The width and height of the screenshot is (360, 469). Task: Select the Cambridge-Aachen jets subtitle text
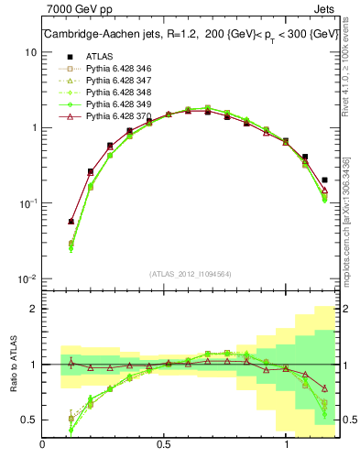click(x=188, y=36)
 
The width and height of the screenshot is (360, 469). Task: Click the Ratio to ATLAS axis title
click(x=12, y=364)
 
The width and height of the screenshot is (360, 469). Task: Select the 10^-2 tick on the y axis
click(x=27, y=278)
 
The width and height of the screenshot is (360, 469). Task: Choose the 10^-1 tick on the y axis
click(x=27, y=203)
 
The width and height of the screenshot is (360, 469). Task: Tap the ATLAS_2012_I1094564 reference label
click(x=190, y=273)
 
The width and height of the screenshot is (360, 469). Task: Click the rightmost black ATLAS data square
click(x=325, y=180)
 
